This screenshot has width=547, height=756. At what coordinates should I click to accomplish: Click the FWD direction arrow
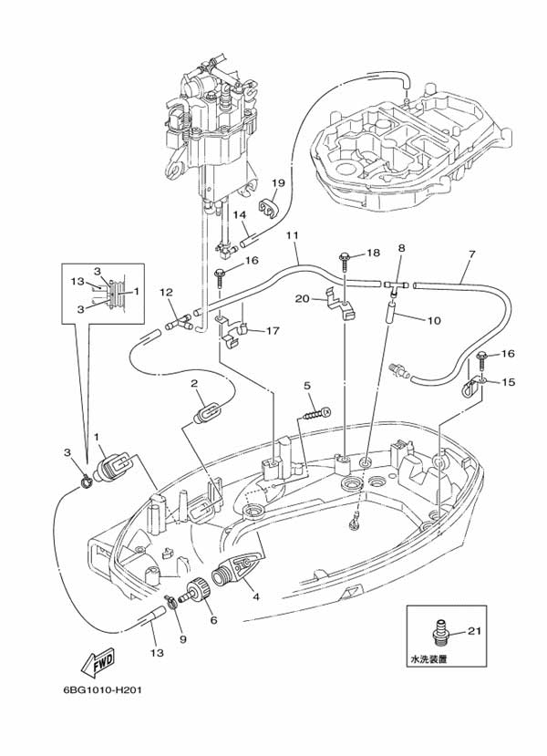98,662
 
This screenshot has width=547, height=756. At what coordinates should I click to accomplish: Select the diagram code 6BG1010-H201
102,690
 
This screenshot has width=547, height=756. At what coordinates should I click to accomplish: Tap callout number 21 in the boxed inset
475,631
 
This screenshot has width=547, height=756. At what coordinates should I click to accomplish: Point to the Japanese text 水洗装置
428,658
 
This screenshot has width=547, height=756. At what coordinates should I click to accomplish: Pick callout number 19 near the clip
278,182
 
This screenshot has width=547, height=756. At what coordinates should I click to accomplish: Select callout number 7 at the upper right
471,254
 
